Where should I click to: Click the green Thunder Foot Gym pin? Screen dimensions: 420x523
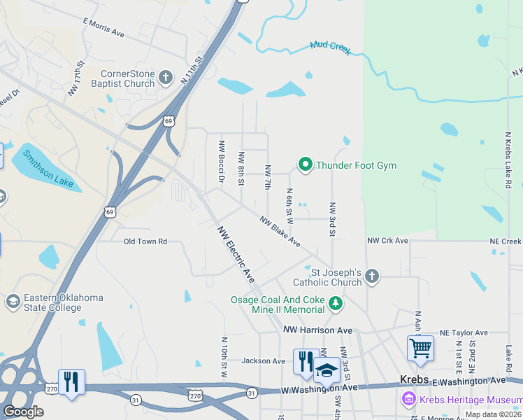tap(306, 165)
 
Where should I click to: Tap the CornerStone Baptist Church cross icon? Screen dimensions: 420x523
tap(165, 77)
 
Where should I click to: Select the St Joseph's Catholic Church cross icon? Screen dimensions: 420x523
tap(372, 276)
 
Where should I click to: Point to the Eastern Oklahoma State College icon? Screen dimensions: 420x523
tap(12, 302)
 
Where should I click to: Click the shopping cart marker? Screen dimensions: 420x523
tap(420, 348)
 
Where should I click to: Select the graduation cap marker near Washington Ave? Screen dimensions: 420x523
tap(326, 369)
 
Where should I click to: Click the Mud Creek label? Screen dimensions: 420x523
tap(330, 48)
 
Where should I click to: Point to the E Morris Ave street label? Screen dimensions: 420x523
tap(103, 28)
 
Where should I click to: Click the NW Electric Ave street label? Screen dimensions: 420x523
tap(236, 254)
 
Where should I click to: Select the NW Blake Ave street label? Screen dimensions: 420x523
tap(280, 231)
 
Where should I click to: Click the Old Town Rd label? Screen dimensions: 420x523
tap(145, 241)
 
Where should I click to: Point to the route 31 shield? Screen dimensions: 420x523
tap(134, 400)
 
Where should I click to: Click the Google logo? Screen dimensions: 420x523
tap(23, 412)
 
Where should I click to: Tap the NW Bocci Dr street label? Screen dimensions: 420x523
tap(221, 162)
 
